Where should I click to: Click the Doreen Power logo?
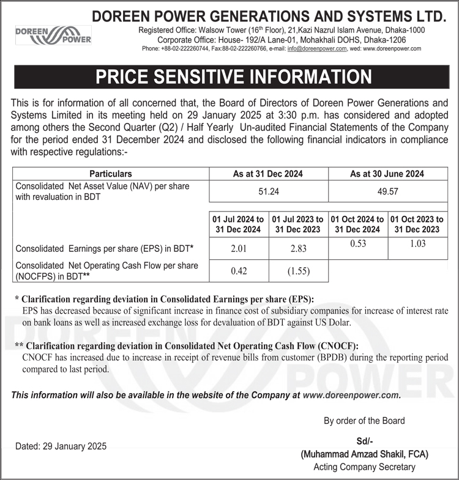click(x=53, y=35)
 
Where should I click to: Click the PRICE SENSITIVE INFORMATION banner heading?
click(x=233, y=76)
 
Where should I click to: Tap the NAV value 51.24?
click(x=269, y=191)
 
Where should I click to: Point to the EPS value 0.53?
click(x=358, y=243)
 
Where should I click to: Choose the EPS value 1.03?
click(x=417, y=243)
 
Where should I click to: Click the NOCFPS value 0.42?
click(x=239, y=272)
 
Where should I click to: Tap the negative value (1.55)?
click(x=298, y=272)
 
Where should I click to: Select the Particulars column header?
click(x=110, y=174)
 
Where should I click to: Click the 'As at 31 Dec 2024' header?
click(x=269, y=174)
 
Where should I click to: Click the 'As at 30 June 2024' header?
click(x=387, y=174)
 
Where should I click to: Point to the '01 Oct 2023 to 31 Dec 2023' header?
click(x=417, y=224)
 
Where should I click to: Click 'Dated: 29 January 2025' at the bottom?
click(x=61, y=446)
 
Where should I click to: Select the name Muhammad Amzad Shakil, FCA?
click(x=364, y=454)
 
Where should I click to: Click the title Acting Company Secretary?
click(x=364, y=467)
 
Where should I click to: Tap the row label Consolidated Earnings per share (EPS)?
click(x=105, y=249)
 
